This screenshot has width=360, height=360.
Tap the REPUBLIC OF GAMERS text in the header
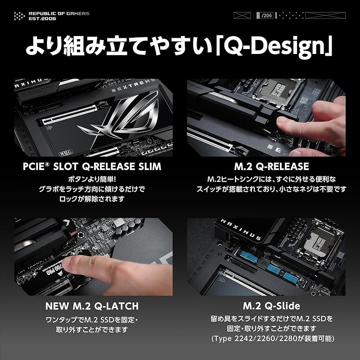click(x=59, y=13)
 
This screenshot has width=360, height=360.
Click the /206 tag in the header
click(x=265, y=15)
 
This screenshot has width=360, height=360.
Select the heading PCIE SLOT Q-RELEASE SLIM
click(x=92, y=166)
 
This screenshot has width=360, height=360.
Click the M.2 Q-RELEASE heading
click(x=272, y=166)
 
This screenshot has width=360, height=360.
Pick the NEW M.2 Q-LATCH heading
click(x=92, y=306)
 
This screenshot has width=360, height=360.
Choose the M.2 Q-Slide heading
click(x=271, y=306)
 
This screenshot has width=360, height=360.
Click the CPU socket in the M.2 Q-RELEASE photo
click(x=278, y=91)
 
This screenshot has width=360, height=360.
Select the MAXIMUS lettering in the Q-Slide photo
click(x=241, y=229)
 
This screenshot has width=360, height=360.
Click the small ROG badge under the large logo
click(x=66, y=152)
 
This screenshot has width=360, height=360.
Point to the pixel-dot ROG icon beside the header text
click(x=19, y=16)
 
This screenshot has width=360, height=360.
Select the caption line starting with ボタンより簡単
click(x=90, y=179)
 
